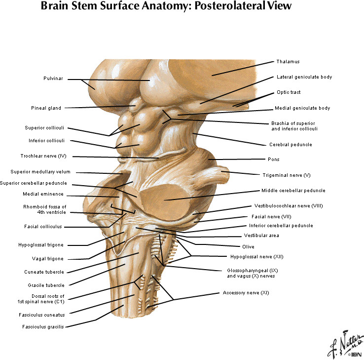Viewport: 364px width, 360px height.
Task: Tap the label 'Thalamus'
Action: pos(288,62)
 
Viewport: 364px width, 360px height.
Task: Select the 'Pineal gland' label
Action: pos(46,108)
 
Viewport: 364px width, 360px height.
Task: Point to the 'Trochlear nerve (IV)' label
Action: pos(48,157)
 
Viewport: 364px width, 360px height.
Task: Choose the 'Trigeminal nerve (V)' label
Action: pos(287,175)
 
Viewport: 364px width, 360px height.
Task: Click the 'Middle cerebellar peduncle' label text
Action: pos(293,190)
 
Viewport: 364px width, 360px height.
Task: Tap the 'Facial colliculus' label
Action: pos(42,227)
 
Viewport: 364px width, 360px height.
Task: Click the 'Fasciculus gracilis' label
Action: pos(43,326)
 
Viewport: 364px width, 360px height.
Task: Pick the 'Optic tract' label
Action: pos(289,92)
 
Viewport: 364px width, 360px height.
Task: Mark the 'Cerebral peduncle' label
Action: pos(291,145)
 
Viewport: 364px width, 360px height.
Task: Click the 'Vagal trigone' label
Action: pos(48,259)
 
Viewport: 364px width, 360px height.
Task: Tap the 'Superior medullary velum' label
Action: pos(40,172)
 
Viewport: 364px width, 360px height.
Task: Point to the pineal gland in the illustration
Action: pos(133,106)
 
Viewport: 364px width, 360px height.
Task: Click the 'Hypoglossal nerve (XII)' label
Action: pos(257,256)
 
